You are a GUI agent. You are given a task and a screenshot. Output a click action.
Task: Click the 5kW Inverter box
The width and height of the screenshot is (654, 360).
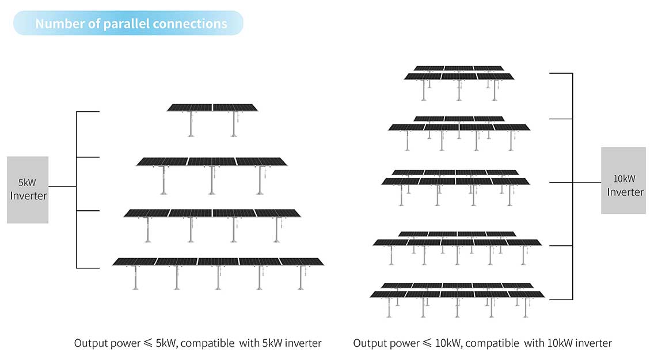pyautogui.click(x=28, y=190)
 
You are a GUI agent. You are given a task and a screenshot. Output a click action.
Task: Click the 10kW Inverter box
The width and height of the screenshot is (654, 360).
pyautogui.click(x=623, y=180)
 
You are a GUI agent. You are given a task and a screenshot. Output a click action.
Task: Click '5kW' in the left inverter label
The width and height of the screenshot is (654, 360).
pyautogui.click(x=27, y=183)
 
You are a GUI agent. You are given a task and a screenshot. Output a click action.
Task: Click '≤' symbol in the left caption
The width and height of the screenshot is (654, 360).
pyautogui.click(x=150, y=343)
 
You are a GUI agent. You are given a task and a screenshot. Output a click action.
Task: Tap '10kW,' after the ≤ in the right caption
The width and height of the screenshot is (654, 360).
pyautogui.click(x=447, y=343)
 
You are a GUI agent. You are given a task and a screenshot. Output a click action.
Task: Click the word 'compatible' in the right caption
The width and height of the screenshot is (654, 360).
pyautogui.click(x=492, y=343)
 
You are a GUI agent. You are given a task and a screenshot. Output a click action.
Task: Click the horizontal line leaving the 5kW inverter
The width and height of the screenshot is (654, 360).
pyautogui.click(x=62, y=187)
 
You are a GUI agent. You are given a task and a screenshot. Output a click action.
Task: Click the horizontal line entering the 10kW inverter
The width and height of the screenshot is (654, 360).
pyautogui.click(x=587, y=183)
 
